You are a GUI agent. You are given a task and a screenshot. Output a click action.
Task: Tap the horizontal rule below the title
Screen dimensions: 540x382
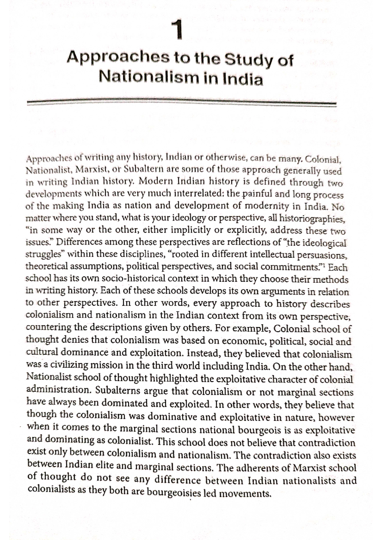click(x=181, y=102)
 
